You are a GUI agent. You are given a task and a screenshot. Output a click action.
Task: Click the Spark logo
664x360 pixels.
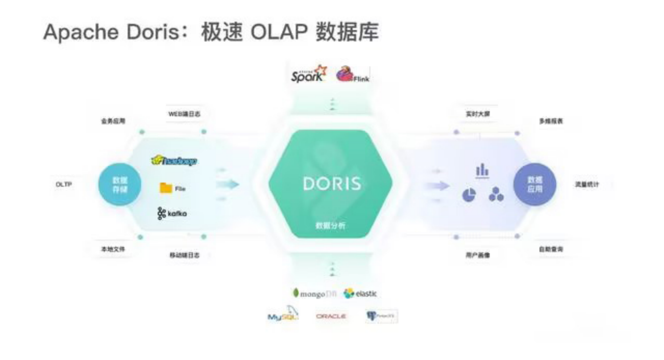[x=309, y=75]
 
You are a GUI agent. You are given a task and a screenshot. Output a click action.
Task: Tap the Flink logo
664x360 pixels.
[x=352, y=75]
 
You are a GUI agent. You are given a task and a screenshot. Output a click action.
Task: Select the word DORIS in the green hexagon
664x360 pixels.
[x=333, y=184]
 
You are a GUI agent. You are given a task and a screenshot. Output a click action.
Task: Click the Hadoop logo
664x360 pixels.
[x=174, y=161]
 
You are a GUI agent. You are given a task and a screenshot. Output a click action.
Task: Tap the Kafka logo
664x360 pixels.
[x=172, y=213]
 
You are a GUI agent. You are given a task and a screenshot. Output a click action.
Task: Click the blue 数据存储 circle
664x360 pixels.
[x=120, y=184]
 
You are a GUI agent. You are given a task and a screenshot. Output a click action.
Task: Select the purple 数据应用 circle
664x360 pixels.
[x=535, y=184]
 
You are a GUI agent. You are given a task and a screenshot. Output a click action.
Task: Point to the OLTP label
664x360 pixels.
[x=63, y=184]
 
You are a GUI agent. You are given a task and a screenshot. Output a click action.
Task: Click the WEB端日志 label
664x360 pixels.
[x=184, y=114]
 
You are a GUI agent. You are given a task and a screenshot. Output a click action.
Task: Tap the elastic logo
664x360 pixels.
[x=361, y=294]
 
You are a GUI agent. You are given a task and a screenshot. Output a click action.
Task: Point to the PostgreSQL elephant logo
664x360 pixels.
[x=381, y=316]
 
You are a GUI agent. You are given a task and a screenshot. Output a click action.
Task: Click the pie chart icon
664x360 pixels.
[x=469, y=195]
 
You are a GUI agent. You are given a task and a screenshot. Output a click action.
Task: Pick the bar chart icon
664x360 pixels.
[x=482, y=171]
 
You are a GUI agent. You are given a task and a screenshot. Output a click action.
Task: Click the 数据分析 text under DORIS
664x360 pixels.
[x=330, y=226]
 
